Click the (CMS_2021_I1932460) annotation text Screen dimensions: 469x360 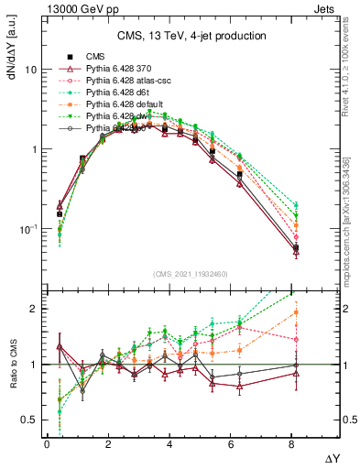(190, 274)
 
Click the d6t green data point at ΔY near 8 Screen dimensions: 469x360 (295, 205)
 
